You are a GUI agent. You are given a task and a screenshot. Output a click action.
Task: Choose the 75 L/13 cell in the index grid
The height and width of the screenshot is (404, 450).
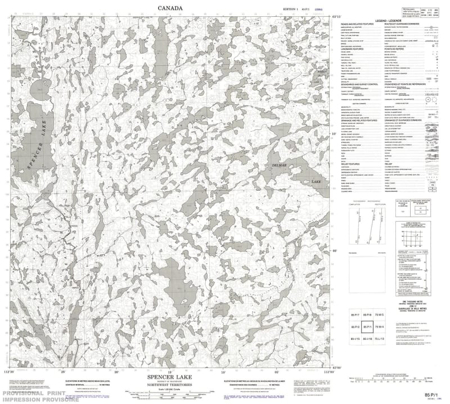click(x=381, y=339)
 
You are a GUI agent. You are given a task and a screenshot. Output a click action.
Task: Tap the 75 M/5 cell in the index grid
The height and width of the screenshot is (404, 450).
click(x=381, y=314)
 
